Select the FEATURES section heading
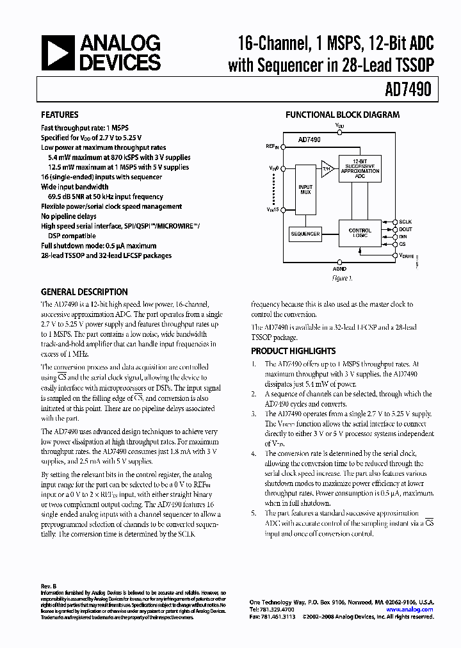coord(60,115)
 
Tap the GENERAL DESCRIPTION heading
coord(84,291)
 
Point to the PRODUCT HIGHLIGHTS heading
coord(293,351)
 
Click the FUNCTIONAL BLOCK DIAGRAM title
coord(343,115)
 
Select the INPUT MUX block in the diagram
coord(305,191)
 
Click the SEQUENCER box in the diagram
coord(305,234)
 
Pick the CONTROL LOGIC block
coord(360,233)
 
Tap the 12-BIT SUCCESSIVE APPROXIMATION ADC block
coord(360,169)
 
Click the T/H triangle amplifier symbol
coord(327,169)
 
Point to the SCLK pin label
coord(406,221)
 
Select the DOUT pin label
coord(406,229)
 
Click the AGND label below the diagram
coord(340,270)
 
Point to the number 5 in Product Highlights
coord(254,514)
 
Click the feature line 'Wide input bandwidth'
coord(74,187)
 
